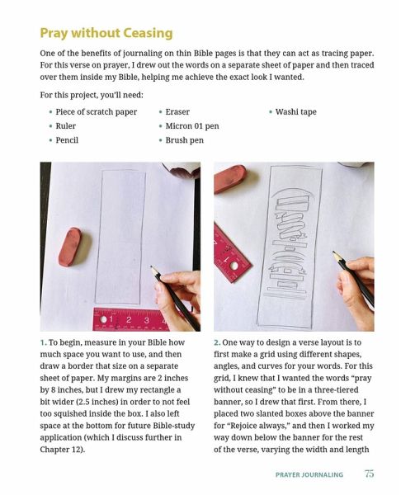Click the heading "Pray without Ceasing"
pos(106,33)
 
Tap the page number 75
pos(369,474)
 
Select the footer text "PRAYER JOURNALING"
pos(309,474)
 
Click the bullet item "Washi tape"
pos(295,111)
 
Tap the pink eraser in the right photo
pos(229,179)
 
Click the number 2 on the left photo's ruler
pos(129,319)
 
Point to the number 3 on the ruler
pos(147,320)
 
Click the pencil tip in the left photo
pos(152,266)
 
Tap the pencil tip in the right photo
pos(333,252)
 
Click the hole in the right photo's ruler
pos(234,266)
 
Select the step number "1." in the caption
pos(44,342)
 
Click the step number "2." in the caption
pos(217,342)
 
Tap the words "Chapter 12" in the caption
pos(61,450)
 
